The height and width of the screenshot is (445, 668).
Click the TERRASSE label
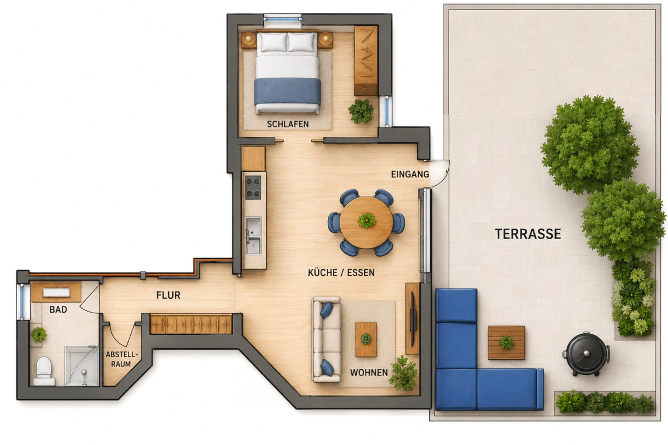click(528, 234)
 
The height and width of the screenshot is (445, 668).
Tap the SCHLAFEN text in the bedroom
click(288, 124)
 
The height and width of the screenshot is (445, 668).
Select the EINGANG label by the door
click(410, 174)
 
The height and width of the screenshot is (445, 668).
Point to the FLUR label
click(168, 295)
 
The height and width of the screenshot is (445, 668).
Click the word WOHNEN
click(369, 373)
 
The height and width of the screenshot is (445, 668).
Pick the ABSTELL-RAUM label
click(122, 359)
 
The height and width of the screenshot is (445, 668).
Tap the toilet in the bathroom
click(44, 371)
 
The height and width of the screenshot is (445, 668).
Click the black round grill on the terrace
click(586, 354)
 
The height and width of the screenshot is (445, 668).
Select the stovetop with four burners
click(253, 187)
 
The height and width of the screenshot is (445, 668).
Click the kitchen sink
click(253, 236)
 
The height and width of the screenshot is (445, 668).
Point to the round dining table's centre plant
click(366, 220)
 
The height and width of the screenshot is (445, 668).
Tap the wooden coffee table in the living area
click(366, 339)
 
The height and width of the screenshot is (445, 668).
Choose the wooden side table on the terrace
click(507, 343)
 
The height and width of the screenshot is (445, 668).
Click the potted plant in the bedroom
click(361, 111)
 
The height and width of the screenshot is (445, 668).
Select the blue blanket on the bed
click(287, 91)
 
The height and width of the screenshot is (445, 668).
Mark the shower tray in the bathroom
click(81, 366)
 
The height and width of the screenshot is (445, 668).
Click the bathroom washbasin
click(57, 293)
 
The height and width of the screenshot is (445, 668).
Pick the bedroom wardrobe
click(366, 60)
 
